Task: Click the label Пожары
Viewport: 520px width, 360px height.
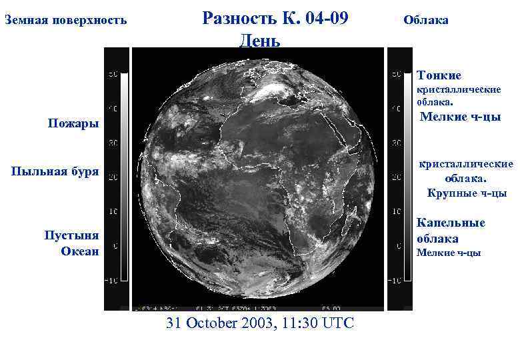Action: coord(73,124)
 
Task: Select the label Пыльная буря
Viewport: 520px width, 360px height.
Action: coord(55,172)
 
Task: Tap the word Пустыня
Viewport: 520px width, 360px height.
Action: coord(71,235)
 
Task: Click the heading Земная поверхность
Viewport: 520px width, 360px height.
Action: coord(65,20)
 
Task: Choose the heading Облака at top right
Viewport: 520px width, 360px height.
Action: coord(426,20)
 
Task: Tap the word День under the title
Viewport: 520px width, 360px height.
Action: coord(259,40)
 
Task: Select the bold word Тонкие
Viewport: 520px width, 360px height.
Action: coord(439,75)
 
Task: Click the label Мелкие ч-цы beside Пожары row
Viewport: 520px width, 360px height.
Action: coord(460,117)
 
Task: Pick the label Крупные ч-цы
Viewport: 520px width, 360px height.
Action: coord(467,193)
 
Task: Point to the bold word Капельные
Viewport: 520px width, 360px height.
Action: coord(451,223)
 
